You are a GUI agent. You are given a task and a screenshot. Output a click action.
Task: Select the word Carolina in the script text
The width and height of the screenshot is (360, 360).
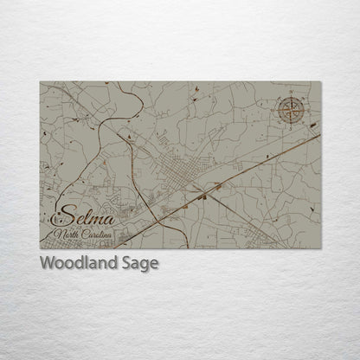[x=99, y=235]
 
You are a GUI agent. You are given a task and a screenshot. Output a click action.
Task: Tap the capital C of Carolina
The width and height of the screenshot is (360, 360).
[x=84, y=235]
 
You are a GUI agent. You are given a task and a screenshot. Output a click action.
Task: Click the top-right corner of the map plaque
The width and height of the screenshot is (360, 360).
[x=319, y=82]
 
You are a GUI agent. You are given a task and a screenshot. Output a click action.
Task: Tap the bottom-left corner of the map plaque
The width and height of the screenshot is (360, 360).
[x=40, y=248]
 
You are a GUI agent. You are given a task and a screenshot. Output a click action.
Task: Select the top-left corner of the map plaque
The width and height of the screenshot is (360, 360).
[x=40, y=82]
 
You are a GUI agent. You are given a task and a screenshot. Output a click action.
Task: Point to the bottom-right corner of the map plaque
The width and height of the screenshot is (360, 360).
[x=319, y=248]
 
